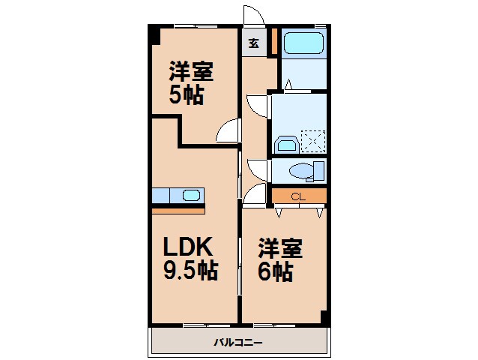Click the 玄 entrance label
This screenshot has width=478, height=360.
click(253, 43)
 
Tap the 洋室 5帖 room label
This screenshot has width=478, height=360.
click(190, 84)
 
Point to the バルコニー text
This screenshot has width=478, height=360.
click(238, 342)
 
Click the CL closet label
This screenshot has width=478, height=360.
click(298, 197)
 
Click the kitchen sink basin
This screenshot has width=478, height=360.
click(191, 196)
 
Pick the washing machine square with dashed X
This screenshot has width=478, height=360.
click(313, 140)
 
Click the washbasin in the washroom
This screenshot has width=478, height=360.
click(285, 144)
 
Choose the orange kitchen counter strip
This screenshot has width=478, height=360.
click(178, 209)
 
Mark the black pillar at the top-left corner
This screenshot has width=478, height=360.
click(154, 34)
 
